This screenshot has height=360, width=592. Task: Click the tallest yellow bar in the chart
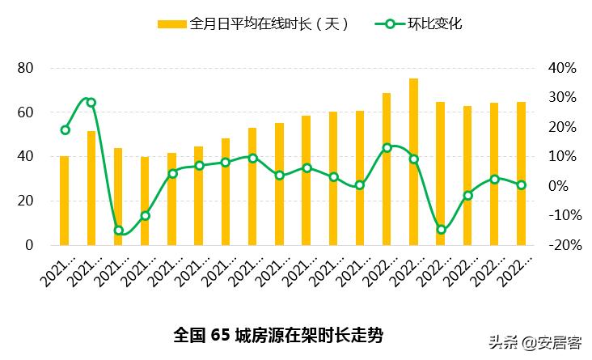413,162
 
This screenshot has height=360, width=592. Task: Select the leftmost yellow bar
64,200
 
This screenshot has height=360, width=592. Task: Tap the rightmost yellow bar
521,173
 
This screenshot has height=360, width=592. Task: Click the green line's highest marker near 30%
91,103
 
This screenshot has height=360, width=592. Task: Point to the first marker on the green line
65,129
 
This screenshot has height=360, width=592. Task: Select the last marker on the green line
521,184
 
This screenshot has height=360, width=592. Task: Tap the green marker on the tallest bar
413,159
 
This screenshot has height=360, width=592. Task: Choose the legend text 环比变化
434,24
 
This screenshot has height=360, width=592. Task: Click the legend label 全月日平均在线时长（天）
270,24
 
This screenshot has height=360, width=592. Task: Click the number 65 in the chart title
220,334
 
